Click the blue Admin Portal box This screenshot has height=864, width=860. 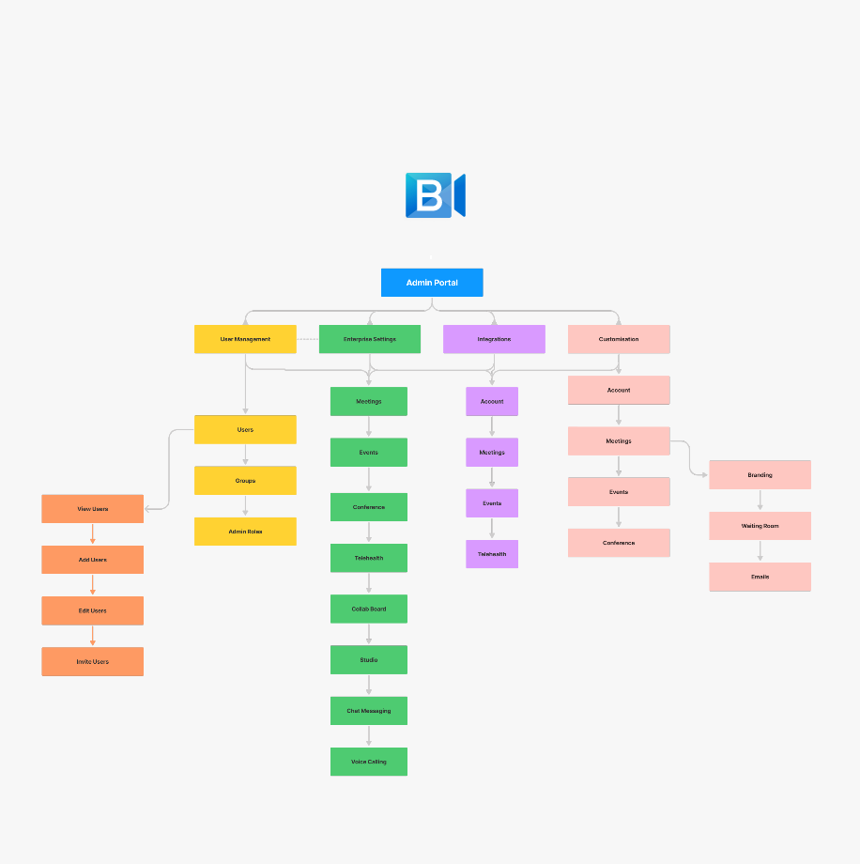click(x=432, y=283)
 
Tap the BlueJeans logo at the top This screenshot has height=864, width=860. click(x=435, y=195)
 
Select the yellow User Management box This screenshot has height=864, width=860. click(x=245, y=339)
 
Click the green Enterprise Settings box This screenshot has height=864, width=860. click(x=369, y=339)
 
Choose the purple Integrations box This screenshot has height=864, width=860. click(x=494, y=339)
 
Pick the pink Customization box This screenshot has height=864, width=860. click(x=619, y=339)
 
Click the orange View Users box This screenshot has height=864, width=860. click(x=92, y=509)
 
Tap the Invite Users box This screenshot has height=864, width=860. click(x=92, y=662)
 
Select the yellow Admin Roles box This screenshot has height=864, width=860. click(x=245, y=532)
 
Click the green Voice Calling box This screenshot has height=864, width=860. click(x=369, y=762)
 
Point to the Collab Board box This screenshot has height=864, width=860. click(x=369, y=609)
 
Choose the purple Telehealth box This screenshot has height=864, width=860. click(x=492, y=554)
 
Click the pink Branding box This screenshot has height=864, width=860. click(x=760, y=475)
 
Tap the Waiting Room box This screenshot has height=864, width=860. click(x=760, y=526)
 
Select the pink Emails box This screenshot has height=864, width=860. click(x=760, y=577)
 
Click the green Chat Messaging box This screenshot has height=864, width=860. click(x=369, y=711)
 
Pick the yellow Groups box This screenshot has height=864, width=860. click(x=245, y=481)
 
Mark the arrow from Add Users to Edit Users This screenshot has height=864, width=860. click(x=92, y=585)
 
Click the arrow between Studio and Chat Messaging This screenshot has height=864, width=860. click(x=369, y=686)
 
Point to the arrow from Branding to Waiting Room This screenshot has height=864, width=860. click(x=760, y=501)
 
